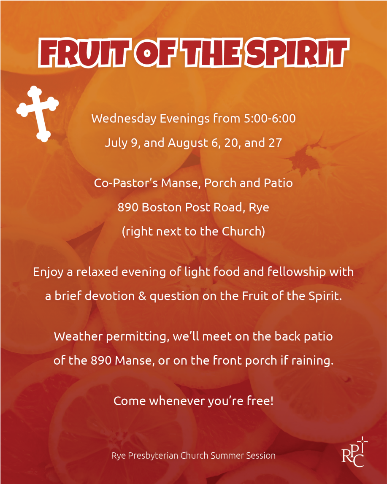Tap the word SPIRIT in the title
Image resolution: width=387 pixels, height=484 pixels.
(x=297, y=52)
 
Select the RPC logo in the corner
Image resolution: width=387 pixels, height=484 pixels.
(x=355, y=452)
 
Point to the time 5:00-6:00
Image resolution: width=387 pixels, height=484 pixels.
(x=270, y=119)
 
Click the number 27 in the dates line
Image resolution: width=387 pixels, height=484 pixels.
(x=275, y=143)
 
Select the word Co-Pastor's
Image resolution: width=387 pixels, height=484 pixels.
(x=126, y=183)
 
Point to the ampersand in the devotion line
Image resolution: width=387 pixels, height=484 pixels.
(x=142, y=296)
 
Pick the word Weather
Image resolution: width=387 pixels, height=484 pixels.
(x=78, y=336)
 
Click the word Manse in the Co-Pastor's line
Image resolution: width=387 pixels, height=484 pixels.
(x=181, y=184)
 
